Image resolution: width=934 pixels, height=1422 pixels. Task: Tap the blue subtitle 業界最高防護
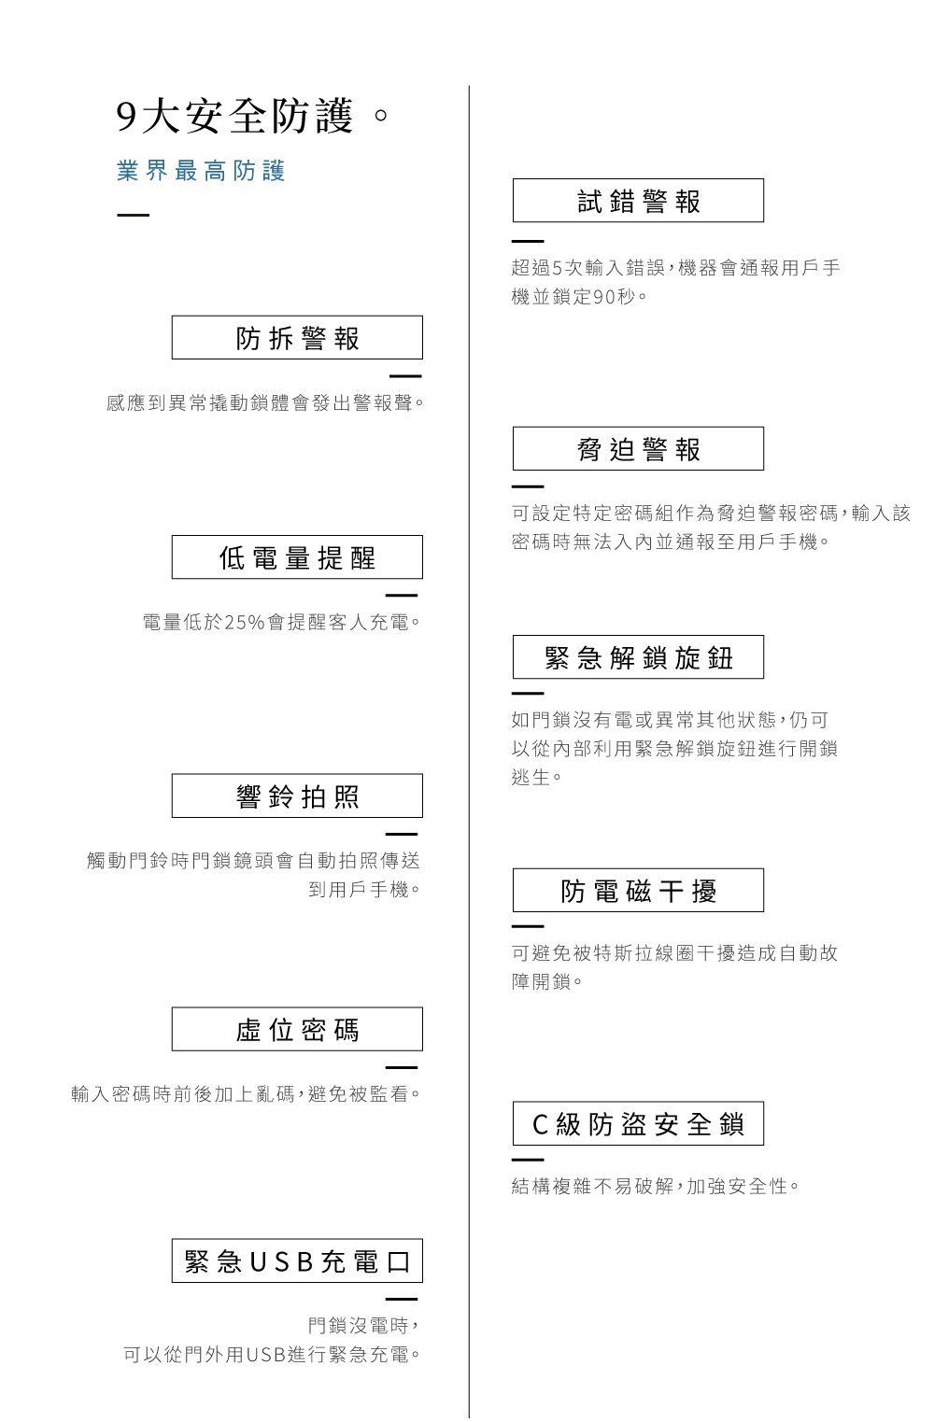pos(201,171)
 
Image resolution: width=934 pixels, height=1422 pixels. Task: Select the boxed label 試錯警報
pos(638,201)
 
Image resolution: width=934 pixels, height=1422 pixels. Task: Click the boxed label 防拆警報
pos(297,338)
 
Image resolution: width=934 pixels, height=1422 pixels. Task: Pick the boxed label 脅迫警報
pos(638,449)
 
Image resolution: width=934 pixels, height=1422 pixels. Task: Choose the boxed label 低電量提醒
pos(297,557)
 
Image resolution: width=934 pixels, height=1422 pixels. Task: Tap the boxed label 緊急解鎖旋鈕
pos(638,657)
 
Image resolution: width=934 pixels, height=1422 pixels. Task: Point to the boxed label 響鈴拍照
pos(297,796)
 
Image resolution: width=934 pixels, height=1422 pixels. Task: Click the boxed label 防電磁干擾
pos(638,891)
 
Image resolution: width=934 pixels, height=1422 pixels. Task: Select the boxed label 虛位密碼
pos(297,1029)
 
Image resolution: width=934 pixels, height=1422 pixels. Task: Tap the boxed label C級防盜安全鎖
pos(638,1123)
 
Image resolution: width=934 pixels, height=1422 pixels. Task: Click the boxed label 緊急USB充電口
pos(297,1260)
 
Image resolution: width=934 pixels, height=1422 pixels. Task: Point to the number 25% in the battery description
pos(245,622)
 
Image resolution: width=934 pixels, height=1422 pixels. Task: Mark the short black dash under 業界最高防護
pos(134,215)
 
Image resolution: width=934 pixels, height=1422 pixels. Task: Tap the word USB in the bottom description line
pos(267,1355)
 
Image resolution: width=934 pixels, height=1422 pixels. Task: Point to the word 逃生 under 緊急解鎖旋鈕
pos(531,777)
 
